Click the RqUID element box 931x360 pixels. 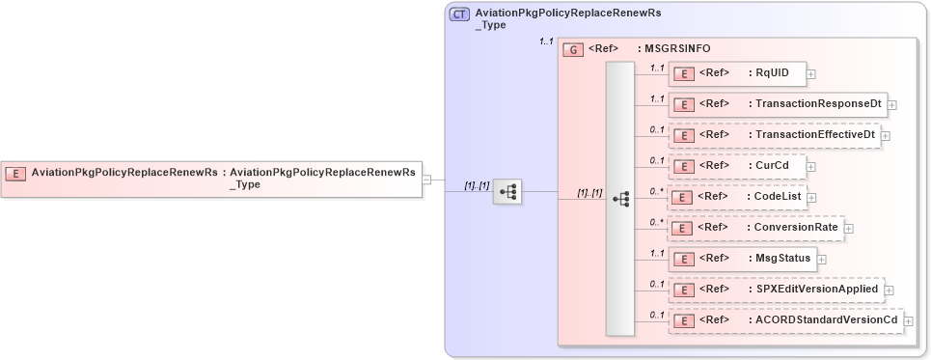(x=737, y=72)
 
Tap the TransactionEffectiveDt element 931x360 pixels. (x=775, y=135)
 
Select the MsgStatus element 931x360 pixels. (x=743, y=258)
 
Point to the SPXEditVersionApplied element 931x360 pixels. (x=776, y=289)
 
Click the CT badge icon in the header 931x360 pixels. (x=459, y=14)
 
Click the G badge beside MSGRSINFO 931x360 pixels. (x=572, y=48)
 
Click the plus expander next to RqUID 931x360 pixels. (x=811, y=73)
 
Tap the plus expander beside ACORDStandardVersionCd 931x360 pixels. (x=908, y=320)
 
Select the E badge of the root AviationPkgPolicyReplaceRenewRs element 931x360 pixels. (x=15, y=174)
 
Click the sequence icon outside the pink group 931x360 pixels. (x=507, y=192)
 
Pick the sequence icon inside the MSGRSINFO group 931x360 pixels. (x=620, y=198)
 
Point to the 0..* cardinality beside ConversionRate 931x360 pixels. (x=656, y=222)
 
